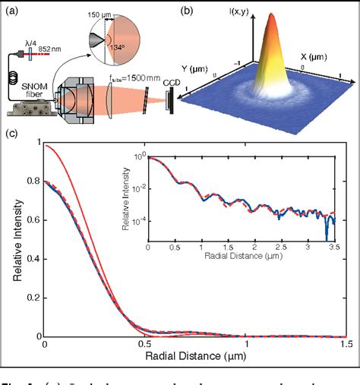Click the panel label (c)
pyautogui.click(x=14, y=135)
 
